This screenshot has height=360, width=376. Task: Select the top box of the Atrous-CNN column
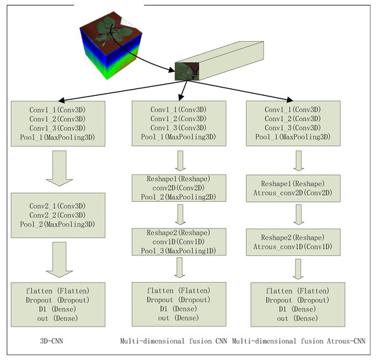pos(297,123)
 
